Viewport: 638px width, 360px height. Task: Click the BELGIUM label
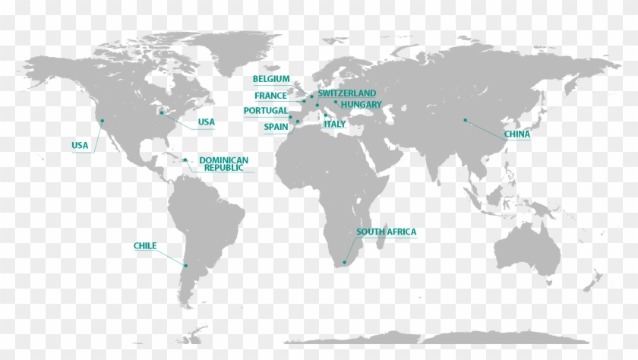[271, 79]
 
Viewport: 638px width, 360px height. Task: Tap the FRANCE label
[271, 96]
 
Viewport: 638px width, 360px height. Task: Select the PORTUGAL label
[266, 111]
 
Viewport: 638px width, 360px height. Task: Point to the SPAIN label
[275, 127]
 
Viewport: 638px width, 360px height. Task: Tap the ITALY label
[335, 124]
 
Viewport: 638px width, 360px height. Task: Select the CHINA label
[516, 134]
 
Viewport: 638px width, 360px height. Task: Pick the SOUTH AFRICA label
[386, 232]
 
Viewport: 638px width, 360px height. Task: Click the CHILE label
[145, 246]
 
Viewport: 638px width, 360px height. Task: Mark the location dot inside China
[465, 120]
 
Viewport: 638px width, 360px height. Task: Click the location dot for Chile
[185, 264]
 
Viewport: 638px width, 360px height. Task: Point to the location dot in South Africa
[344, 263]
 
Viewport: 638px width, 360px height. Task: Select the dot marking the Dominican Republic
[185, 160]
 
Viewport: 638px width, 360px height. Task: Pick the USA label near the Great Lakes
[206, 122]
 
